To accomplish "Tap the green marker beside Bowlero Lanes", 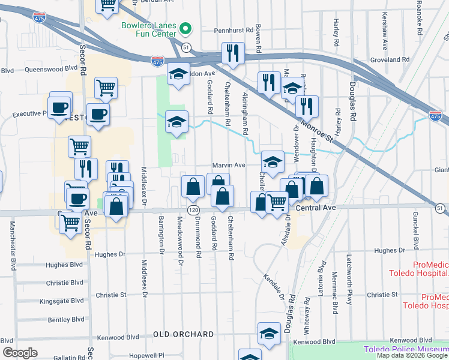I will tap(186, 28).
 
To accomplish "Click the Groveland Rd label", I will tap(390, 60).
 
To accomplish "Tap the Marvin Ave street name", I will tap(229, 166).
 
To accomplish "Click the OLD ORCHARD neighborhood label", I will tap(183, 334).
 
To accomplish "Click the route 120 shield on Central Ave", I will tap(193, 210).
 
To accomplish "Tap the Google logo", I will tap(20, 352).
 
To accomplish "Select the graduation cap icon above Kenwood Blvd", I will tap(269, 334).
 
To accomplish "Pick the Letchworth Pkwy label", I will tap(349, 281).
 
